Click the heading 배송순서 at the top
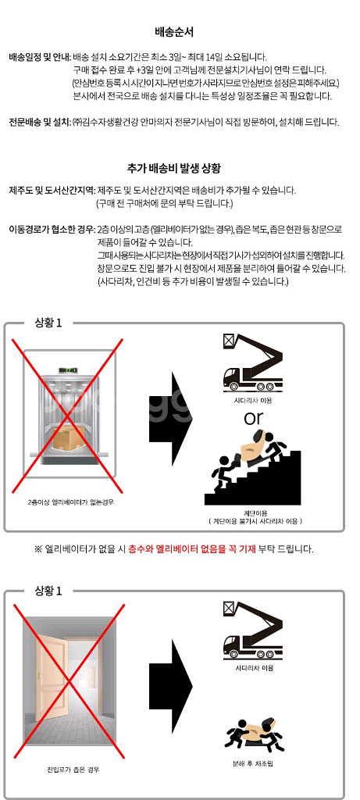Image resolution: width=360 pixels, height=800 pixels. point(174,32)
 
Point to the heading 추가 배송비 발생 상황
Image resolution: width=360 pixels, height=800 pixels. point(173,167)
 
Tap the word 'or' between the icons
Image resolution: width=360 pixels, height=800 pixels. point(254,418)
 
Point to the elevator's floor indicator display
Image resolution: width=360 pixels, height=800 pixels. point(69,369)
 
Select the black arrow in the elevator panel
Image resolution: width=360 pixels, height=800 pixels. point(171,419)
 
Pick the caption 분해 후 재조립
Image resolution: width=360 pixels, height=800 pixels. point(253,764)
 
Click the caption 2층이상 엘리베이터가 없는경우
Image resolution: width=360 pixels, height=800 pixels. point(70,502)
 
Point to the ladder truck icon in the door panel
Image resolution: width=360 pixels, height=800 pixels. point(252,629)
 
